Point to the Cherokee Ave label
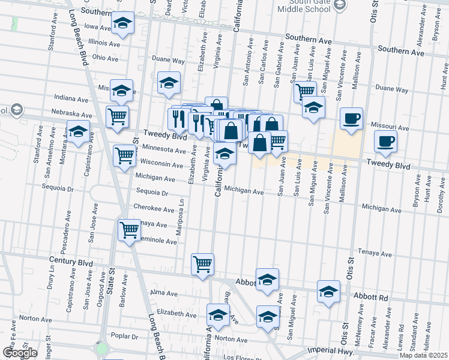tap(154, 209)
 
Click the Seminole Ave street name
tap(159, 241)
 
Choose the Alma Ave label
tap(164, 293)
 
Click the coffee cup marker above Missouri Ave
tap(351, 118)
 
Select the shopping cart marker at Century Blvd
tap(203, 263)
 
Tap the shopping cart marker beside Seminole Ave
tap(130, 230)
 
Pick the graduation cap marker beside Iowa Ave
tap(122, 23)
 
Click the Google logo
tap(20, 353)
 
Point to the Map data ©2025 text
tap(423, 355)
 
